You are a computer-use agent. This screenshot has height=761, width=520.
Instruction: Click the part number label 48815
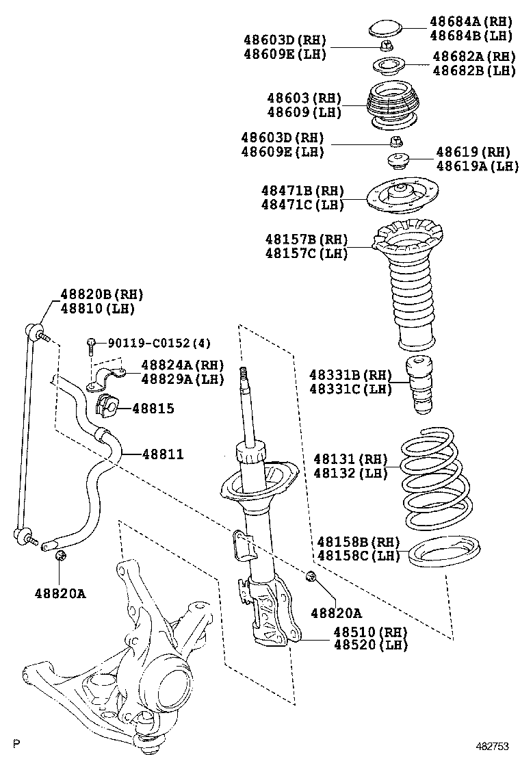coord(153,409)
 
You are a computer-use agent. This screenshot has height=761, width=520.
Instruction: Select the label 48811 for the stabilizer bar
coord(163,454)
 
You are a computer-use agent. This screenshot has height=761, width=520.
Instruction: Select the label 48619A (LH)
coord(478,166)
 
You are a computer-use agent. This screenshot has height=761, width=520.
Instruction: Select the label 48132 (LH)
coord(351,472)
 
